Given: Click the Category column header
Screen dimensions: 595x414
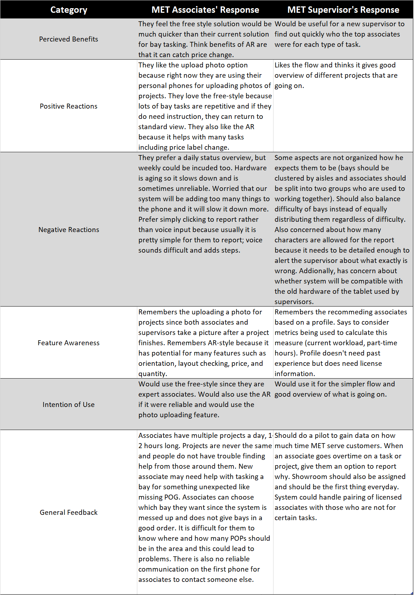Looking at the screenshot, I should pos(68,10).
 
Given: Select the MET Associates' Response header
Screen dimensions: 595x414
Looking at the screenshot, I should pos(205,10).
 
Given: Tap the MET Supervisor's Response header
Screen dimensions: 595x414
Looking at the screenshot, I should pos(343,10).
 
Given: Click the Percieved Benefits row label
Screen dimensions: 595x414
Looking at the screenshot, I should pos(68,39).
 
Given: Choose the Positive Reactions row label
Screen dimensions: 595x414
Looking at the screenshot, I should pos(68,106).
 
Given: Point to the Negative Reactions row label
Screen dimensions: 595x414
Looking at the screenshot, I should pos(68,230).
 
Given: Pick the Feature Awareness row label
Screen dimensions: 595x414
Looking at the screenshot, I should pos(68,343).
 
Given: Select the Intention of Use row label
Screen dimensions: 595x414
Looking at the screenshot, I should pos(68,404).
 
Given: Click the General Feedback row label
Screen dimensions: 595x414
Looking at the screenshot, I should pos(68,512).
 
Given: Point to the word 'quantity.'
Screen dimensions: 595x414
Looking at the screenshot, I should pos(153,374).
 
